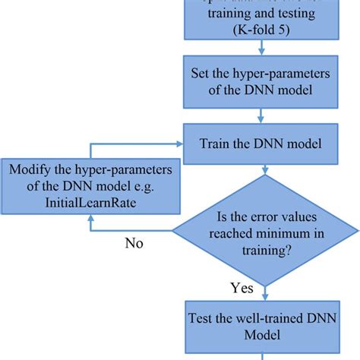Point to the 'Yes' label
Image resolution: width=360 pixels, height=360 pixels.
(242, 288)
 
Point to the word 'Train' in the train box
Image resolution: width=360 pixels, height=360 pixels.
(216, 143)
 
